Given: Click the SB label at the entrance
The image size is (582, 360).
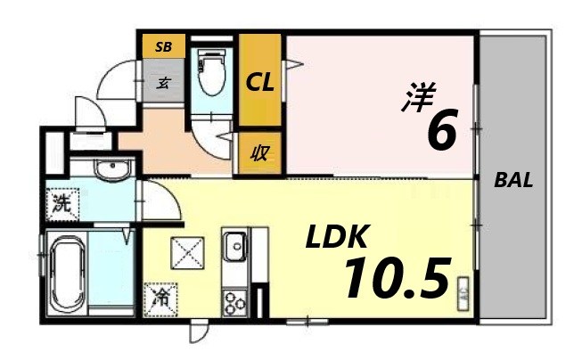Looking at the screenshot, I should (x=162, y=45).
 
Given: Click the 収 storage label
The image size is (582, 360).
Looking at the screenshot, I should (x=260, y=152).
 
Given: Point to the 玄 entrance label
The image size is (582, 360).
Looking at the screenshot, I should (x=165, y=84).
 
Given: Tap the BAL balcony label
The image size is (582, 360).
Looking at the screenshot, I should (x=514, y=180).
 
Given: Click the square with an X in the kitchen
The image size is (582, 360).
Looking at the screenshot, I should (x=190, y=257).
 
